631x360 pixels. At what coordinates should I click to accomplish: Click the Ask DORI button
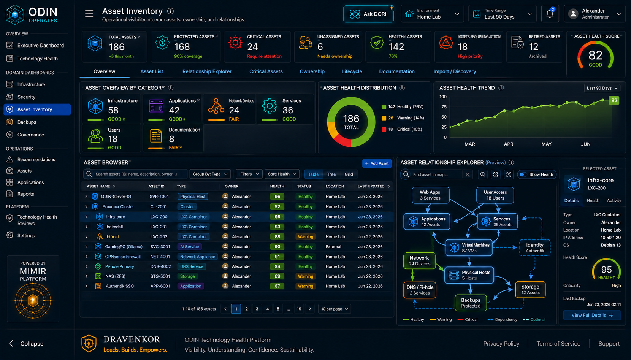point(368,14)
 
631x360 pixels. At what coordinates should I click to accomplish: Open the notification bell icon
point(550,14)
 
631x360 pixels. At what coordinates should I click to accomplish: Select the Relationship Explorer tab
point(207,71)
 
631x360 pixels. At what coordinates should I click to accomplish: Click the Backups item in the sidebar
point(27,122)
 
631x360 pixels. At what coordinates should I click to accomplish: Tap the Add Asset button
point(377,163)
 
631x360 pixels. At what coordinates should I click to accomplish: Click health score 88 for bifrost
point(277,236)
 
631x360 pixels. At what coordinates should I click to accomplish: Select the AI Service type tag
point(189,247)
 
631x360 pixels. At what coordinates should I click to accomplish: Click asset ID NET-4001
point(160,257)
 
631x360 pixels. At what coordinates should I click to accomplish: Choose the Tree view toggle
point(331,174)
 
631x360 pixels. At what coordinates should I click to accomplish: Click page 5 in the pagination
point(278,309)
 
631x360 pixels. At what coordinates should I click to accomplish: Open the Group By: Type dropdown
point(210,174)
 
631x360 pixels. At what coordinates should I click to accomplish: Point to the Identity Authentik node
point(535,247)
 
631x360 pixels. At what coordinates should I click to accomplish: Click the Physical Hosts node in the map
point(469,275)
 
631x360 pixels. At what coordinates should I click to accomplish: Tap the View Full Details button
point(592,315)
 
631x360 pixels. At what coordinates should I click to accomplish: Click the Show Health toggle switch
point(523,174)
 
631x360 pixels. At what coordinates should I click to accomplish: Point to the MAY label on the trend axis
point(547,144)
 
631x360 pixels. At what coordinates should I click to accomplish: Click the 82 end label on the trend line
point(614,101)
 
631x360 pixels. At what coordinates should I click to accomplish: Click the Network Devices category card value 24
point(234,110)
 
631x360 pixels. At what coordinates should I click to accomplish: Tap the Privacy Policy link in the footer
point(501,344)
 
